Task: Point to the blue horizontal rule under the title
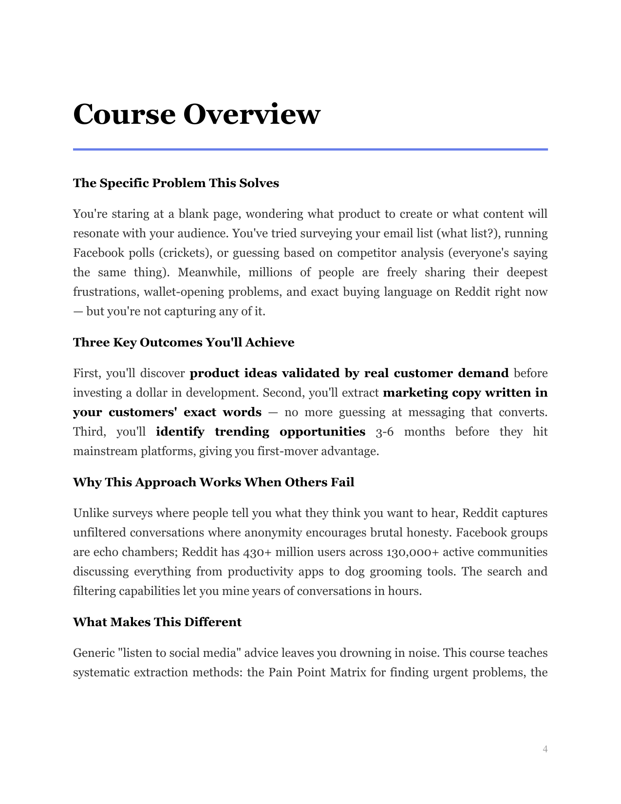coord(310,149)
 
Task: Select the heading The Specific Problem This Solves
coord(176,183)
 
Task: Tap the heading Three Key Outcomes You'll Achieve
coord(184,343)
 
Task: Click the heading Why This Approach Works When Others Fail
coord(213,482)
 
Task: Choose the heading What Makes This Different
coord(157,622)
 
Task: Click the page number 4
coord(545,749)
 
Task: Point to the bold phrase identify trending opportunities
coord(261,432)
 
